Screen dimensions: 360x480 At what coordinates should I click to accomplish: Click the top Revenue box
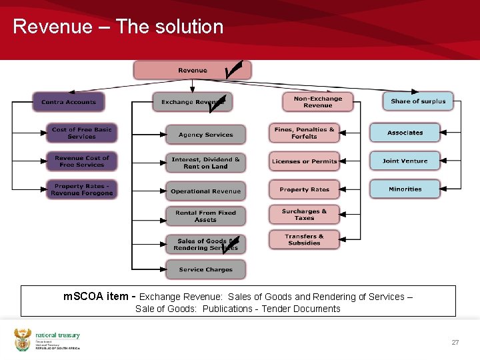click(x=192, y=70)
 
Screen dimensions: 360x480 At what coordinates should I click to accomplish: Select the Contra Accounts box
click(x=69, y=102)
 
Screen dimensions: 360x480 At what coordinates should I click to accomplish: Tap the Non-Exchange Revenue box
click(x=317, y=101)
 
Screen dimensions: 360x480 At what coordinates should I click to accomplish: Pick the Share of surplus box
click(x=418, y=101)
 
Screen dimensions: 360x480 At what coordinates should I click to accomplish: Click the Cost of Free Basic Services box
click(x=81, y=133)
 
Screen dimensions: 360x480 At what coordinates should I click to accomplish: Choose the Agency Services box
click(x=205, y=135)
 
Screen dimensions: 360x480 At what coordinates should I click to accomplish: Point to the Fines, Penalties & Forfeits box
click(x=304, y=133)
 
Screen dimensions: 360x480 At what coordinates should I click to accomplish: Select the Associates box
click(x=405, y=133)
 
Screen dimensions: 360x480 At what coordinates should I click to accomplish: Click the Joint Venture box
click(x=405, y=161)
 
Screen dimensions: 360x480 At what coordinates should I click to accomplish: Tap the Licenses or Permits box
click(x=304, y=161)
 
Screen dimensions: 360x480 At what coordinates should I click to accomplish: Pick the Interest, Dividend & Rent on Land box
click(x=205, y=163)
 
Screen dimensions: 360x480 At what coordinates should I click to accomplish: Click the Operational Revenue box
click(x=205, y=191)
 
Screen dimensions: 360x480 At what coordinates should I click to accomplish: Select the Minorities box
click(x=405, y=189)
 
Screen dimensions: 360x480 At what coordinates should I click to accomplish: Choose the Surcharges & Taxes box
click(x=304, y=215)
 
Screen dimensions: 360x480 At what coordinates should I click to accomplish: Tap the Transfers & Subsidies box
click(x=304, y=239)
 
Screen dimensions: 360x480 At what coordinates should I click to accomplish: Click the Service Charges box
click(x=205, y=269)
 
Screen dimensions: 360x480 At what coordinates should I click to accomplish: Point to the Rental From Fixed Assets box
click(x=205, y=216)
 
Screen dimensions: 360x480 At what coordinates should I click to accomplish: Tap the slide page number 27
click(x=455, y=342)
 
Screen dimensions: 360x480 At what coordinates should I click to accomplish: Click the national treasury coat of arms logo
click(x=23, y=339)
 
